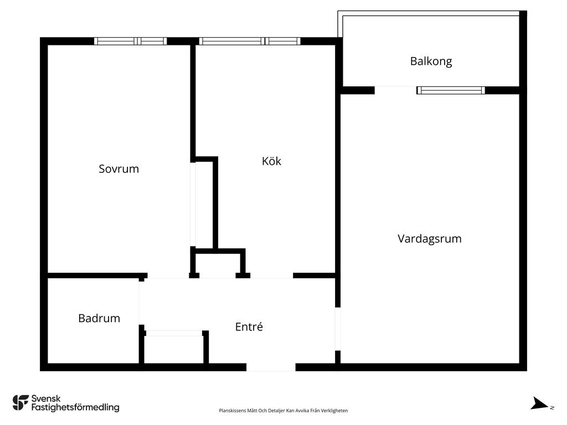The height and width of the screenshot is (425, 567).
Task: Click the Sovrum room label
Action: tap(118, 169)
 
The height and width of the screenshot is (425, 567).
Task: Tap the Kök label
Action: tap(271, 161)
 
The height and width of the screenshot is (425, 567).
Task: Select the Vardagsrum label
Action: tap(429, 239)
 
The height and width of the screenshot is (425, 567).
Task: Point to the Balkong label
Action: tap(431, 61)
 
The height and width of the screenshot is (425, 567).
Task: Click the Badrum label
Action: tap(99, 318)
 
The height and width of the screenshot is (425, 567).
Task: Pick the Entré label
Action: tap(249, 326)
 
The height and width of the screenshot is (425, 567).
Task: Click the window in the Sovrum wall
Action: tap(131, 41)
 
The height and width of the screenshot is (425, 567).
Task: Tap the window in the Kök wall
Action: tap(250, 41)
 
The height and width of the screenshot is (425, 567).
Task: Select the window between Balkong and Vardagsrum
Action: tap(451, 90)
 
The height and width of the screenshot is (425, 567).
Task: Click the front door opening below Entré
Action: tap(271, 367)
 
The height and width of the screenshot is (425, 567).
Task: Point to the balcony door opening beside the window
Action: tap(395, 90)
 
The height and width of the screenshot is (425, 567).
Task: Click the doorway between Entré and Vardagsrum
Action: tap(338, 329)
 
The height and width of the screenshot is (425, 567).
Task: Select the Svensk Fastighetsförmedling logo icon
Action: tap(20, 403)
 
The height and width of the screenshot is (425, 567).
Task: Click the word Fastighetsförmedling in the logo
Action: tap(75, 407)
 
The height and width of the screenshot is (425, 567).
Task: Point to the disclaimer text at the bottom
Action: tap(283, 411)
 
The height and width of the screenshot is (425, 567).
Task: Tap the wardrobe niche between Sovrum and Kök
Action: tap(204, 205)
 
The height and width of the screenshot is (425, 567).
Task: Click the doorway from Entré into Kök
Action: tap(271, 276)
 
